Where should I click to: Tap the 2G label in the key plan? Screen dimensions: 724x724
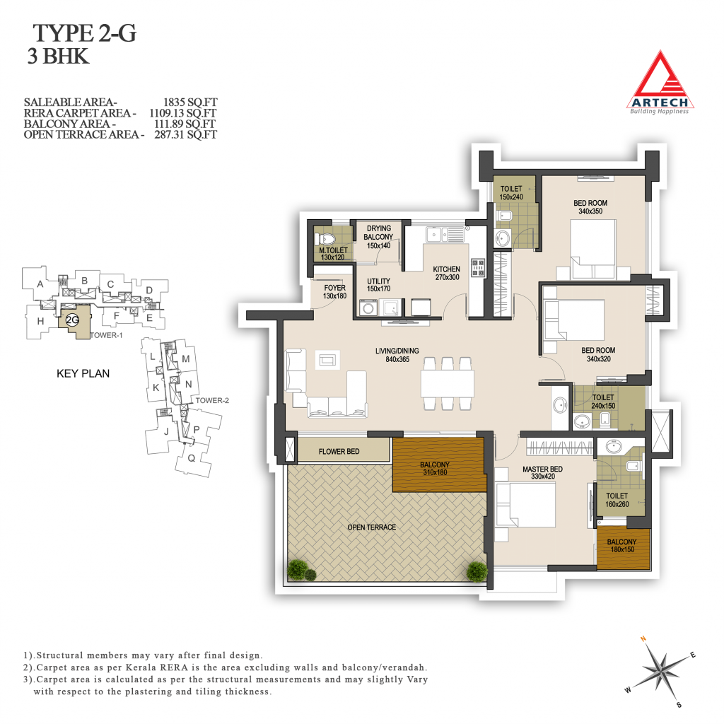pos(73,320)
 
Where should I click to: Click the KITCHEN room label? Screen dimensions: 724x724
pos(447,269)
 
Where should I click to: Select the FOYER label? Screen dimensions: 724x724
pos(334,288)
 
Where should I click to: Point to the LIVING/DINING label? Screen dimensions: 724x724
pos(397,351)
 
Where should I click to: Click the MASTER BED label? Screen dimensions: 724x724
pos(542,469)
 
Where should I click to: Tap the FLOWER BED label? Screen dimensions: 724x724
pos(339,452)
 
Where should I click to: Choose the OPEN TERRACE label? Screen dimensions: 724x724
pos(372,527)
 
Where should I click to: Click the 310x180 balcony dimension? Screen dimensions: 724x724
pos(435,472)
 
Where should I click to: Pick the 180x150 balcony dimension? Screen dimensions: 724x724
pos(622,549)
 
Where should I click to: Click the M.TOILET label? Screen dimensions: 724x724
pos(334,250)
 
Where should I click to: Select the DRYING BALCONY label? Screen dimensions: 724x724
pos(379,233)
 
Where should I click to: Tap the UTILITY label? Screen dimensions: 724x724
pos(379,281)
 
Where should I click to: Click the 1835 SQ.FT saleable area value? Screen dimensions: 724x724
pos(190,102)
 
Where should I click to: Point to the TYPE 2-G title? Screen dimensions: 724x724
pos(85,33)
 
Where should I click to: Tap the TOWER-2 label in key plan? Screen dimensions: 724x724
pos(212,400)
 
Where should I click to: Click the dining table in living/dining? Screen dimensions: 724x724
pos(447,383)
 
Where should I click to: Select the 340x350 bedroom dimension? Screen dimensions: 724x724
pos(590,211)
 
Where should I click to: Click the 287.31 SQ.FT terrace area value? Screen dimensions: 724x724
pos(186,134)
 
